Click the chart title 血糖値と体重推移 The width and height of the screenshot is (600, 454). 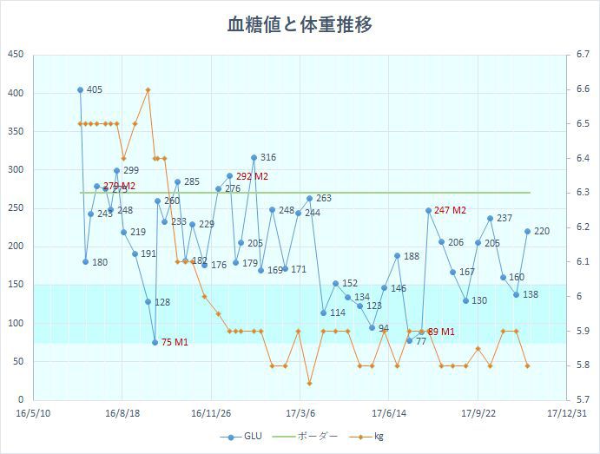click(300, 23)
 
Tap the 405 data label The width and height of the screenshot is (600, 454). click(95, 89)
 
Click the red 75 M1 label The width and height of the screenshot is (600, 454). click(175, 343)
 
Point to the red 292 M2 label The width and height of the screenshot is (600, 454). click(252, 176)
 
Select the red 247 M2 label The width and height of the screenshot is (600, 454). click(450, 210)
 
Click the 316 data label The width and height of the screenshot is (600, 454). click(268, 157)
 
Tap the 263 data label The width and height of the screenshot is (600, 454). click(324, 198)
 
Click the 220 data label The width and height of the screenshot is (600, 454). click(542, 231)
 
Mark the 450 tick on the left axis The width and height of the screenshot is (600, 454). click(16, 55)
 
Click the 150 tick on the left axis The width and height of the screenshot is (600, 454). click(16, 285)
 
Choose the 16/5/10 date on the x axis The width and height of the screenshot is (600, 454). click(33, 414)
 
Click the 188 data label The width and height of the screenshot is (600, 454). click(412, 256)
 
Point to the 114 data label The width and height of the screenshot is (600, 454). click(338, 313)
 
